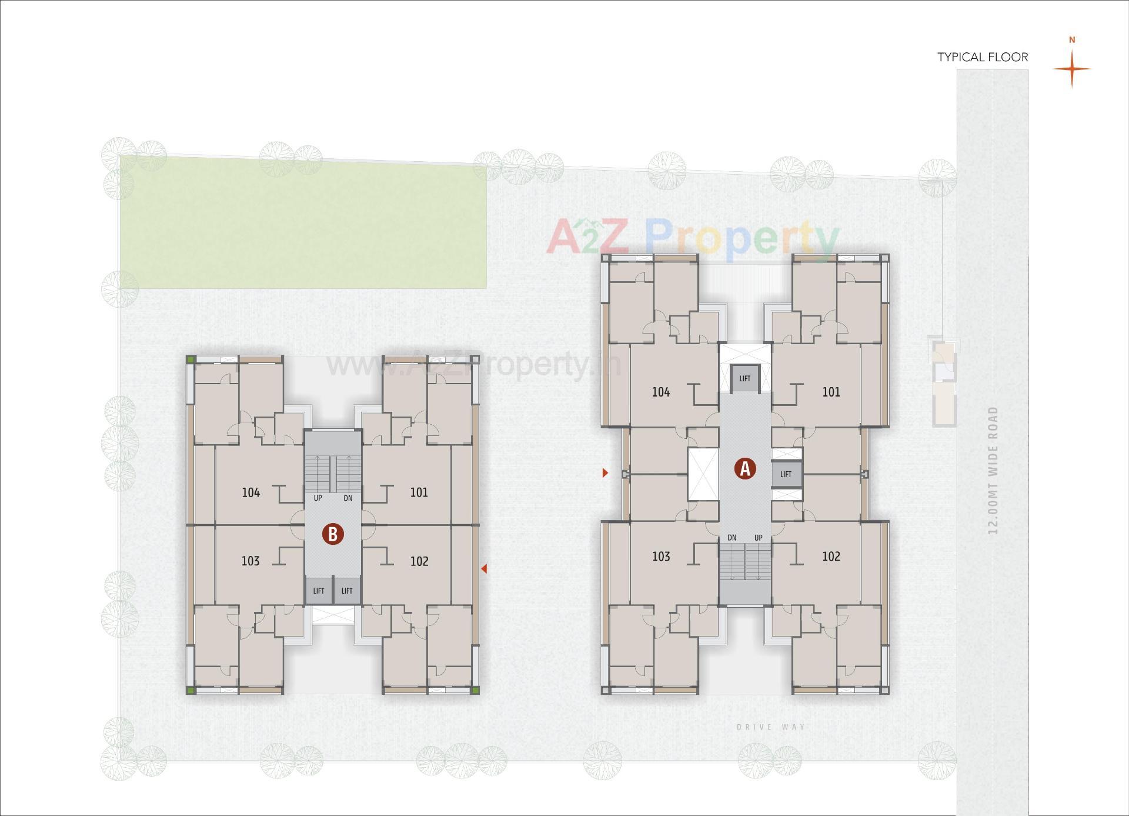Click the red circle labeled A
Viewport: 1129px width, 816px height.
pos(745,469)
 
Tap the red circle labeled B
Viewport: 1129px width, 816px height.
pos(333,534)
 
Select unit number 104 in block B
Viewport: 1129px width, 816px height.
pos(251,492)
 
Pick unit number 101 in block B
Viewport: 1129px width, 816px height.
pos(419,492)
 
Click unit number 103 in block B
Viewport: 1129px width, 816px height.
pos(250,561)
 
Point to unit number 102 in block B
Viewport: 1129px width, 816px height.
pos(419,561)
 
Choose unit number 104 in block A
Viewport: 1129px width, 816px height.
pos(661,392)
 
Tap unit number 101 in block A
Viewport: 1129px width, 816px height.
pos(831,392)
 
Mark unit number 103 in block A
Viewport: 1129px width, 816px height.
pos(661,556)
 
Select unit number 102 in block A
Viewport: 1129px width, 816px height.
pos(831,556)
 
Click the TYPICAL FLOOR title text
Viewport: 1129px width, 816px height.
pos(983,57)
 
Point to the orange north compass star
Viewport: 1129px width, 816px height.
pos(1071,68)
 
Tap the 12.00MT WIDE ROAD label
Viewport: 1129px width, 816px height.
pos(993,471)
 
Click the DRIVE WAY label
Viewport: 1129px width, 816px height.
pos(771,727)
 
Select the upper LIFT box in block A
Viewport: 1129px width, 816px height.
pos(745,378)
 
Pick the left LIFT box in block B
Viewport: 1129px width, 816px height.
pos(319,591)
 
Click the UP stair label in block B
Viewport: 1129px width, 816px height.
pos(318,498)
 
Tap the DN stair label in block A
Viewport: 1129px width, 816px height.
pos(732,538)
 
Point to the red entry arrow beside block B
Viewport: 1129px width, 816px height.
pos(484,568)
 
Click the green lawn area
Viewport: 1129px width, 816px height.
pos(303,224)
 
